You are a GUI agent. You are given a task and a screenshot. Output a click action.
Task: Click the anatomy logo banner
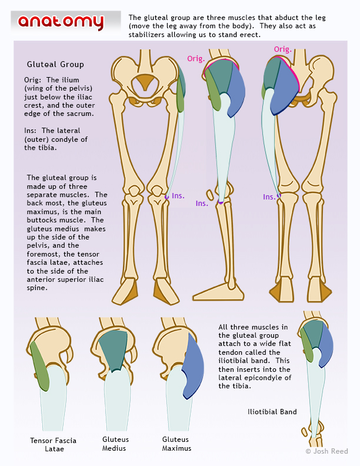pos(61,22)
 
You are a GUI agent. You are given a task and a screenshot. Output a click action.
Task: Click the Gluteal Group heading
pos(55,64)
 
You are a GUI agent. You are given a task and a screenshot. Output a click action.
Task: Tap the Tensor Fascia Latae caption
pos(53,444)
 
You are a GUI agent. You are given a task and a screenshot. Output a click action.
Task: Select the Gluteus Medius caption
pos(115,444)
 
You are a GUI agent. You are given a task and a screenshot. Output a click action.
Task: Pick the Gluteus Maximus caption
pos(176,444)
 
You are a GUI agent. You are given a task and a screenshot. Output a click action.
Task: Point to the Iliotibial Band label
pos(272,412)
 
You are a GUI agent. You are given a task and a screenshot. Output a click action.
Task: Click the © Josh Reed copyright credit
pos(326,451)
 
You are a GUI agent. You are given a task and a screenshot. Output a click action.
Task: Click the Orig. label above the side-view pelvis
pos(196,58)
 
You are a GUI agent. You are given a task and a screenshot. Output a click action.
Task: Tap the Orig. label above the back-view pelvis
pos(282,49)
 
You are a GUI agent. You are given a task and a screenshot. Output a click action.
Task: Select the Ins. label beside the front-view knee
pos(178,195)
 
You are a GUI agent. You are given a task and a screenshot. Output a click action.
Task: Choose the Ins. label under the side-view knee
pos(202,204)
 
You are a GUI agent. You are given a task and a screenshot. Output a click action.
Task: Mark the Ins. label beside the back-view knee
pos(269,197)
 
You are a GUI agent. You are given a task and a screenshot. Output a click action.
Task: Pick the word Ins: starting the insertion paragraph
pos(32,130)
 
